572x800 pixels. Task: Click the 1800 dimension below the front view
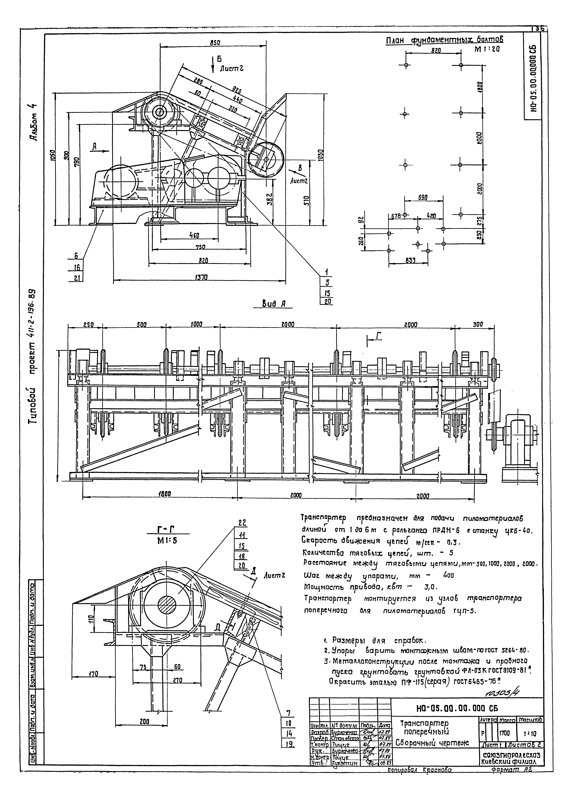click(163, 494)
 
